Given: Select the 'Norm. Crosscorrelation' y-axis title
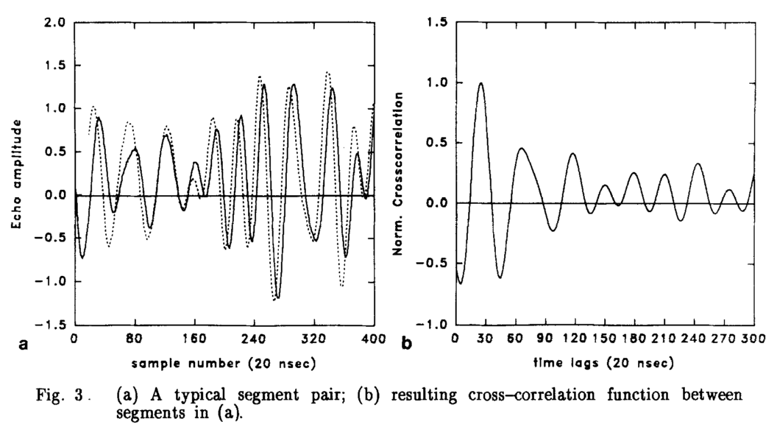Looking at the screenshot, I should [403, 174].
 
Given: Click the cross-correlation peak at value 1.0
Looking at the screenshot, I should [481, 83].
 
